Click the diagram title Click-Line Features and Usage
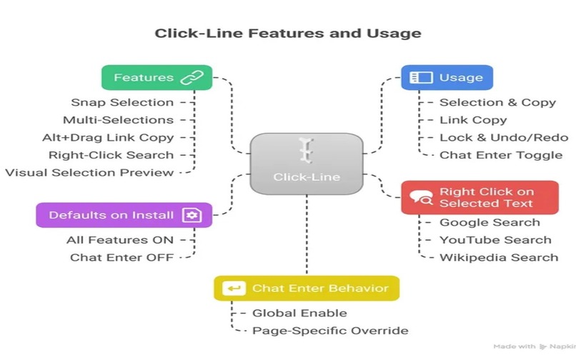288,33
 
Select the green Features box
157,77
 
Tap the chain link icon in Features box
192,78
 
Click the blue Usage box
447,77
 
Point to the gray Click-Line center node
307,163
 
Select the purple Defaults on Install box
124,215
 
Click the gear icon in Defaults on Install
192,215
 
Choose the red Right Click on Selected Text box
479,197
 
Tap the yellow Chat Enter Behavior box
307,289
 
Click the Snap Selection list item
122,102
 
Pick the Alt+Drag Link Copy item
108,137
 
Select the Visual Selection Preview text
89,172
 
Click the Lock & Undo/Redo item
503,137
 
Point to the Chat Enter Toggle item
500,155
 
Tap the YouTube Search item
495,240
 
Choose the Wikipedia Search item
498,257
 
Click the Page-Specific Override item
330,331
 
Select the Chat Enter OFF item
121,257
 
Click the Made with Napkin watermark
533,346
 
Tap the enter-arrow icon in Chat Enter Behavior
234,289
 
